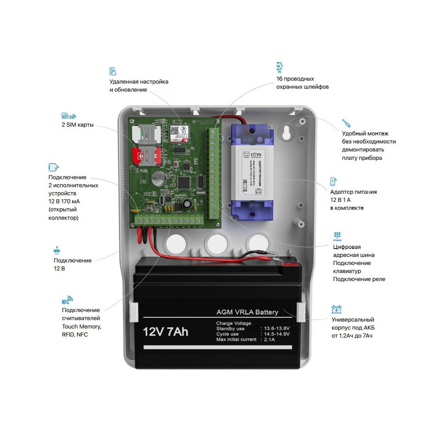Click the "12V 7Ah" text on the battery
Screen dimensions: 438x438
[165, 332]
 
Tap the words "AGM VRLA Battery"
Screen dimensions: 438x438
[247, 312]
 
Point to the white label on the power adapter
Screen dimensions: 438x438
[252, 171]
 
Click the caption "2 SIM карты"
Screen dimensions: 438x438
[77, 125]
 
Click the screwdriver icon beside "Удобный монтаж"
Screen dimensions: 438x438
[346, 123]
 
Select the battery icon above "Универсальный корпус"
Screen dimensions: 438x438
[337, 310]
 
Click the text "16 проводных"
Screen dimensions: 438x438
[295, 79]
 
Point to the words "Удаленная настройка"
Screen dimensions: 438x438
[139, 82]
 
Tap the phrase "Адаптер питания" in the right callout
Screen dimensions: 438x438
[353, 192]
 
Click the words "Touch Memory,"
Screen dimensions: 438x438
[81, 326]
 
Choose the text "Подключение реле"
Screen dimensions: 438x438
[359, 279]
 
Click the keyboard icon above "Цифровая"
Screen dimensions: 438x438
[337, 236]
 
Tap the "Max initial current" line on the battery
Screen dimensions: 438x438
[237, 339]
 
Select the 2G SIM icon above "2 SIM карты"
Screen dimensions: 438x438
[69, 116]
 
